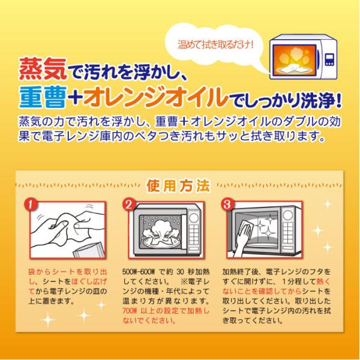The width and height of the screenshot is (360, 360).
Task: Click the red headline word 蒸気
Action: tap(43, 68)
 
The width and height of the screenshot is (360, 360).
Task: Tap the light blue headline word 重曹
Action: tap(43, 97)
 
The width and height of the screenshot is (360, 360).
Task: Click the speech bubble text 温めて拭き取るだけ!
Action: tap(215, 44)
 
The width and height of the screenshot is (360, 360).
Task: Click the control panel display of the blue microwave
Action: tap(329, 59)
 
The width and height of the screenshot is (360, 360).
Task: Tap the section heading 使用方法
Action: tap(178, 186)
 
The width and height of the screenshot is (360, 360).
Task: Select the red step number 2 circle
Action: tap(129, 204)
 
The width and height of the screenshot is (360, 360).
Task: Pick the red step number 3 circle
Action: tap(227, 204)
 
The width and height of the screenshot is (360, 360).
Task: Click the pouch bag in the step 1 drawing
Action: tap(89, 250)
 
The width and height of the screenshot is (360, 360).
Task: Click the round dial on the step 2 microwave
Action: tap(194, 217)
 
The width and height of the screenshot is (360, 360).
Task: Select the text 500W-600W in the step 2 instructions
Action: tap(139, 272)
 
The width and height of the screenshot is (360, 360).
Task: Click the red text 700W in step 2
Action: tap(130, 311)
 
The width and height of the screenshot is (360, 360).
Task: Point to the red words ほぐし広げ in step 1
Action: tap(89, 282)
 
